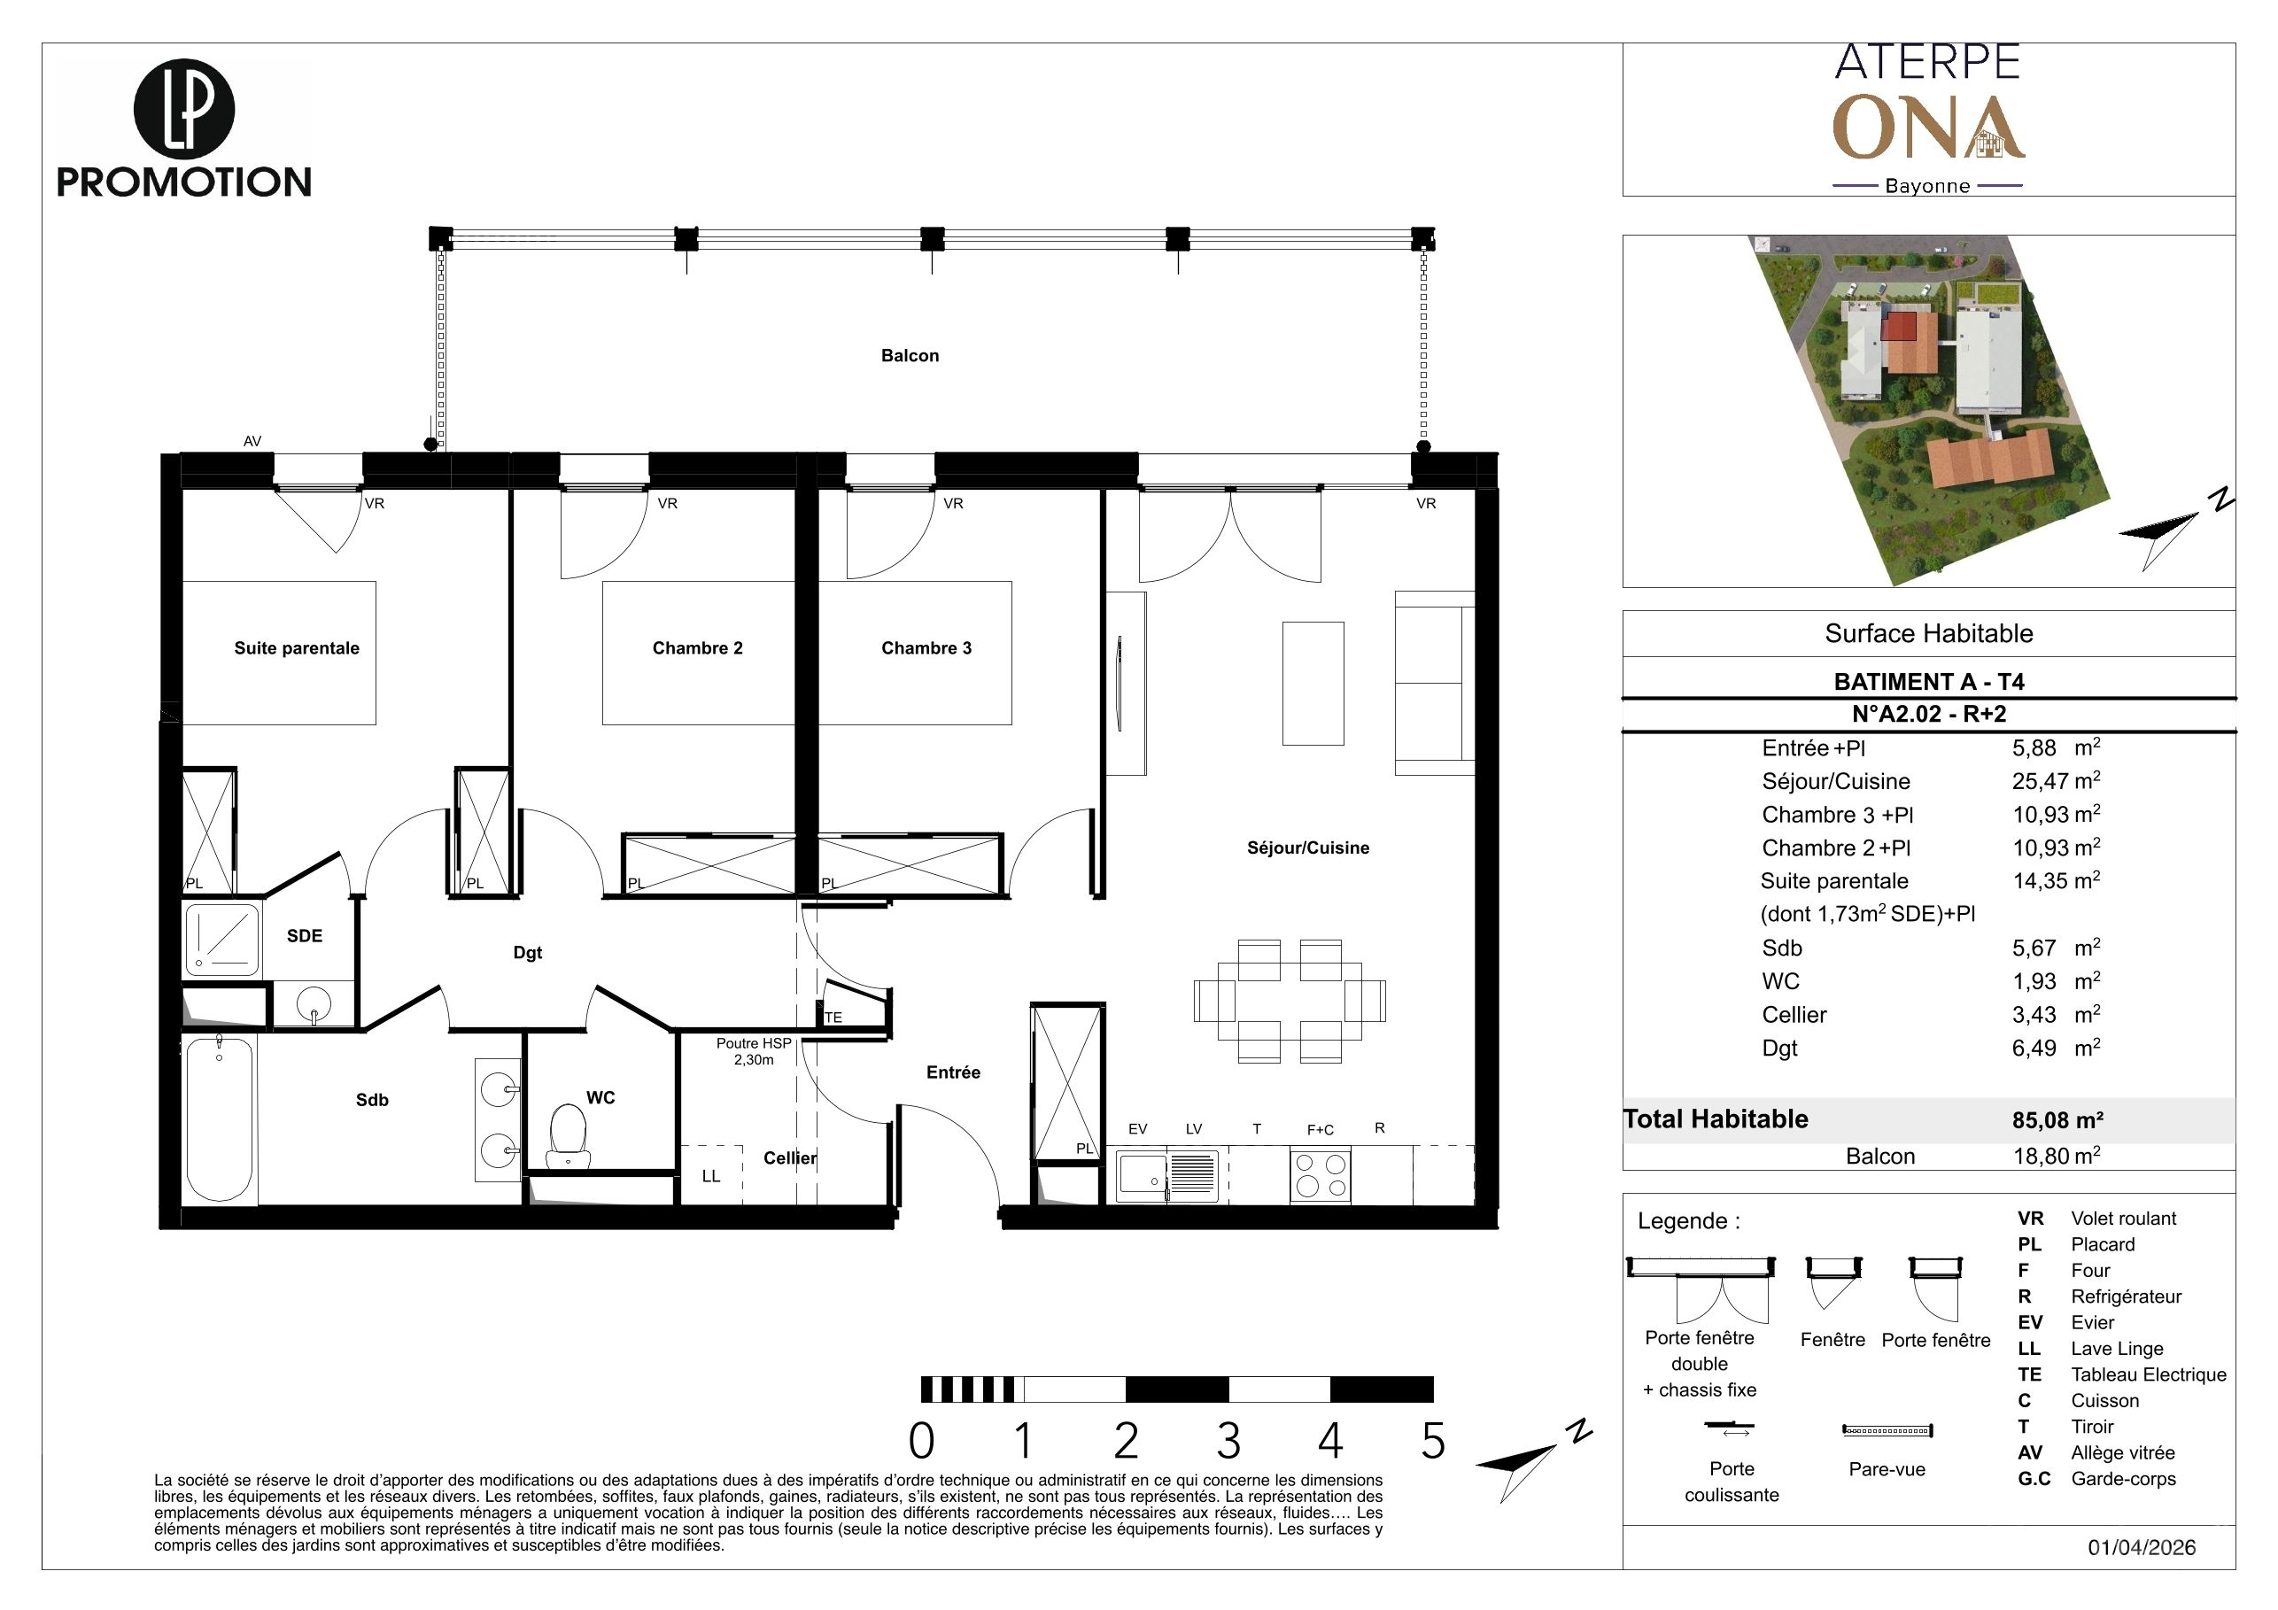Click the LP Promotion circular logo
[183, 108]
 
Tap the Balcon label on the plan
[910, 355]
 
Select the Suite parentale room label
[297, 647]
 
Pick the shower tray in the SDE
[222, 939]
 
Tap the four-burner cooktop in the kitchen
[1320, 1175]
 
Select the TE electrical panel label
[833, 1017]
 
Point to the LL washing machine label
[711, 1175]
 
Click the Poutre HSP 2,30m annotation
[754, 1051]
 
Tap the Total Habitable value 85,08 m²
[2057, 1120]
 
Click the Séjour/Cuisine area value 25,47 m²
[2056, 781]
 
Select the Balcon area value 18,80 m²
[2056, 1156]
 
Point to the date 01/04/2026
[2142, 1547]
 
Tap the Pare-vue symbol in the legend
[1887, 1430]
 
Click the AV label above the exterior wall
[252, 441]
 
